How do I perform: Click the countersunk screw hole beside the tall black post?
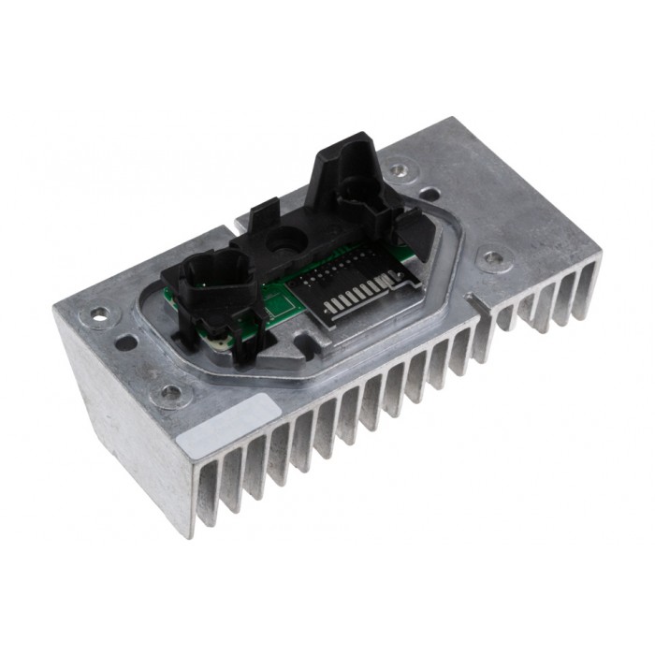click(400, 171)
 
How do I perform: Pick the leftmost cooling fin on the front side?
click(201, 496)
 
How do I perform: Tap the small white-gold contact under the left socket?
click(218, 344)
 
